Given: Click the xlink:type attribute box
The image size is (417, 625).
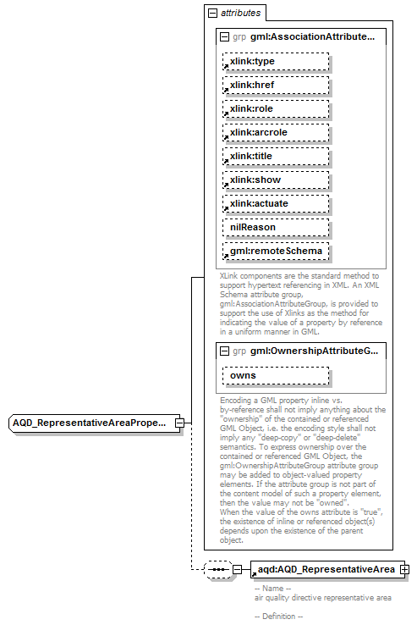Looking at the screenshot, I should click(x=275, y=62).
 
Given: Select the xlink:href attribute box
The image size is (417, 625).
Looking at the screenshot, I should click(x=275, y=86).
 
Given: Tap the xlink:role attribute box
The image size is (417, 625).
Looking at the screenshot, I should click(x=275, y=109).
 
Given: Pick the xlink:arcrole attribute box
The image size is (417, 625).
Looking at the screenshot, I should click(x=275, y=133).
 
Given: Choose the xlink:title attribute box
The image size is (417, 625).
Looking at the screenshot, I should click(x=275, y=157).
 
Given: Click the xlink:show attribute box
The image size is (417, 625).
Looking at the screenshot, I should click(x=275, y=180).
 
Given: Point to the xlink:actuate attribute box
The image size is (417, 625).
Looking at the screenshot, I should click(x=275, y=204).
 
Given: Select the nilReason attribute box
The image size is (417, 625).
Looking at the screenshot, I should click(x=275, y=228).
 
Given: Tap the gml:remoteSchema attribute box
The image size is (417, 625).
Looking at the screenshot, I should click(x=275, y=252).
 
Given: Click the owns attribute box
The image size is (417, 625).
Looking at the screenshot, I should click(x=275, y=375).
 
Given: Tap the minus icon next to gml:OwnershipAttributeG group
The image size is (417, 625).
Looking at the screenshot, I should click(x=224, y=351).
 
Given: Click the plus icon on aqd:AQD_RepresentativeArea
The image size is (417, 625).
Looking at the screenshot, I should click(x=404, y=569).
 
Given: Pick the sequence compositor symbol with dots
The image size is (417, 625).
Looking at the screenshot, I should click(x=217, y=570).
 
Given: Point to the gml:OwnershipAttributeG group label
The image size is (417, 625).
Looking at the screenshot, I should click(x=314, y=351).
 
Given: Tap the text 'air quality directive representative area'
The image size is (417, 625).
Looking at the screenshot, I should click(x=322, y=598).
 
